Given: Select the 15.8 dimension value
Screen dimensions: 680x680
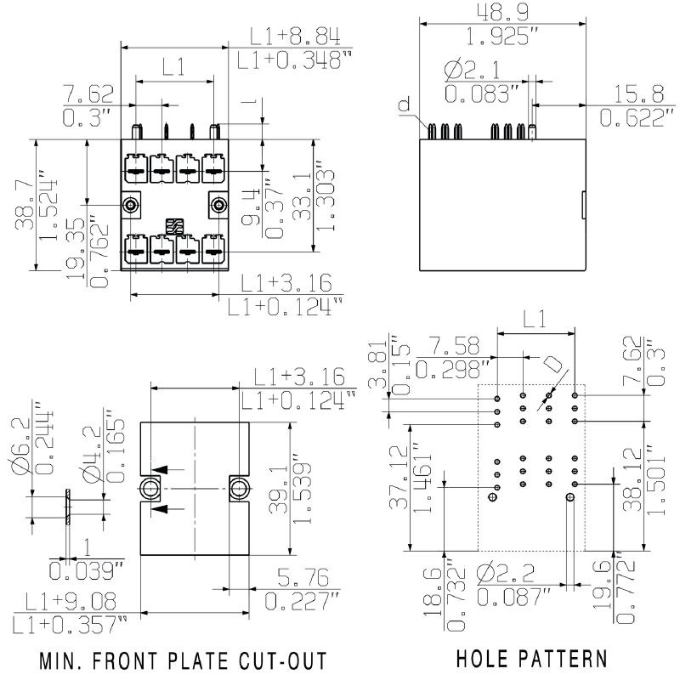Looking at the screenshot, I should pos(630,93).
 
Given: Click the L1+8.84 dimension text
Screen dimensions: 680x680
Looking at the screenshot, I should pos(295,36).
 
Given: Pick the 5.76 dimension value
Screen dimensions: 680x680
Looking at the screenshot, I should pos(298,580).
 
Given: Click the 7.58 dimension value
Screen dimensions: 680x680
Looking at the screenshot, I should pos(455,345).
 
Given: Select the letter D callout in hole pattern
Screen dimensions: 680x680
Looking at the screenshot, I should pos(552,365).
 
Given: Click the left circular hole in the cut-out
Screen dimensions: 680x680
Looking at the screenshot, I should pos(150,488).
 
